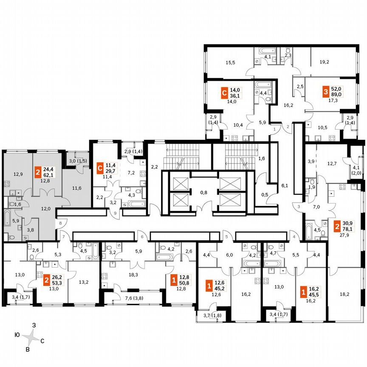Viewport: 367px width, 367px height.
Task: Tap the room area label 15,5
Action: coord(231,62)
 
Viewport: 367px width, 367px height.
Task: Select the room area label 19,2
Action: coord(324,62)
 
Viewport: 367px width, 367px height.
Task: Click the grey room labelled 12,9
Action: coord(17,174)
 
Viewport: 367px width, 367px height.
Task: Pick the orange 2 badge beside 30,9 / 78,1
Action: coord(336,225)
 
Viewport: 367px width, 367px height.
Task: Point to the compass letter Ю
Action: coord(17,335)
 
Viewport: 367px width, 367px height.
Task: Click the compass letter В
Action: coord(28,349)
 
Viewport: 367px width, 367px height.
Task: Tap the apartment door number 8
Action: coord(61,223)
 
